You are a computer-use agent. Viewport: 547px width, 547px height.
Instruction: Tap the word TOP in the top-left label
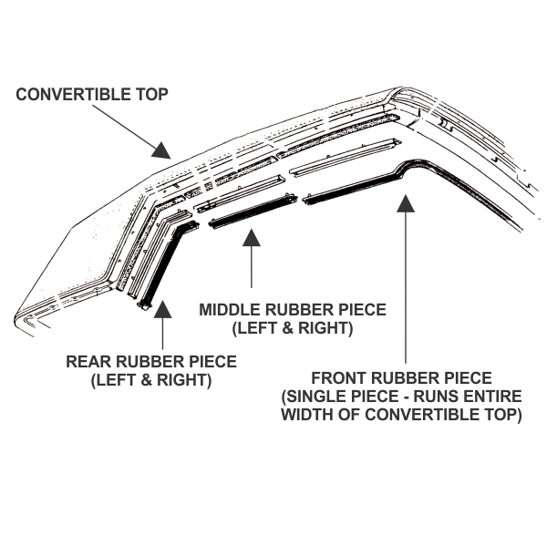151,95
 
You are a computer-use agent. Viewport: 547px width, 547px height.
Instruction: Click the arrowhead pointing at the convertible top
161,150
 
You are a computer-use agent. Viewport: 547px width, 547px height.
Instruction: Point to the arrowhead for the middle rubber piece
252,238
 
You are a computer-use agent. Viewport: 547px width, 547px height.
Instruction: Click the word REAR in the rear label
88,361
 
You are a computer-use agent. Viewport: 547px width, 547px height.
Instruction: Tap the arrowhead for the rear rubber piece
162,309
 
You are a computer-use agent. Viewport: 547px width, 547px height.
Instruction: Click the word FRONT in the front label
338,378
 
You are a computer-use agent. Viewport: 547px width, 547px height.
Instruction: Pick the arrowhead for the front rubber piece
406,203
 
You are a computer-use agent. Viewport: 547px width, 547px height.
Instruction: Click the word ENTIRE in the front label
492,397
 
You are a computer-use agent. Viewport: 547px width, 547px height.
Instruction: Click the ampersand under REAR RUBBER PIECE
146,379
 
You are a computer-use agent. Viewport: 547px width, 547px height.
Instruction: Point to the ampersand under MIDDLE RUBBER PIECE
288,328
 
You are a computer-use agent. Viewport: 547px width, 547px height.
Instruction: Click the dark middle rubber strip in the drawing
253,212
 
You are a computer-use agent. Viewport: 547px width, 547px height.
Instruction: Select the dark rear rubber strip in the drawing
164,265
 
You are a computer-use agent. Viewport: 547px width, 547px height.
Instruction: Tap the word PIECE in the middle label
362,310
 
